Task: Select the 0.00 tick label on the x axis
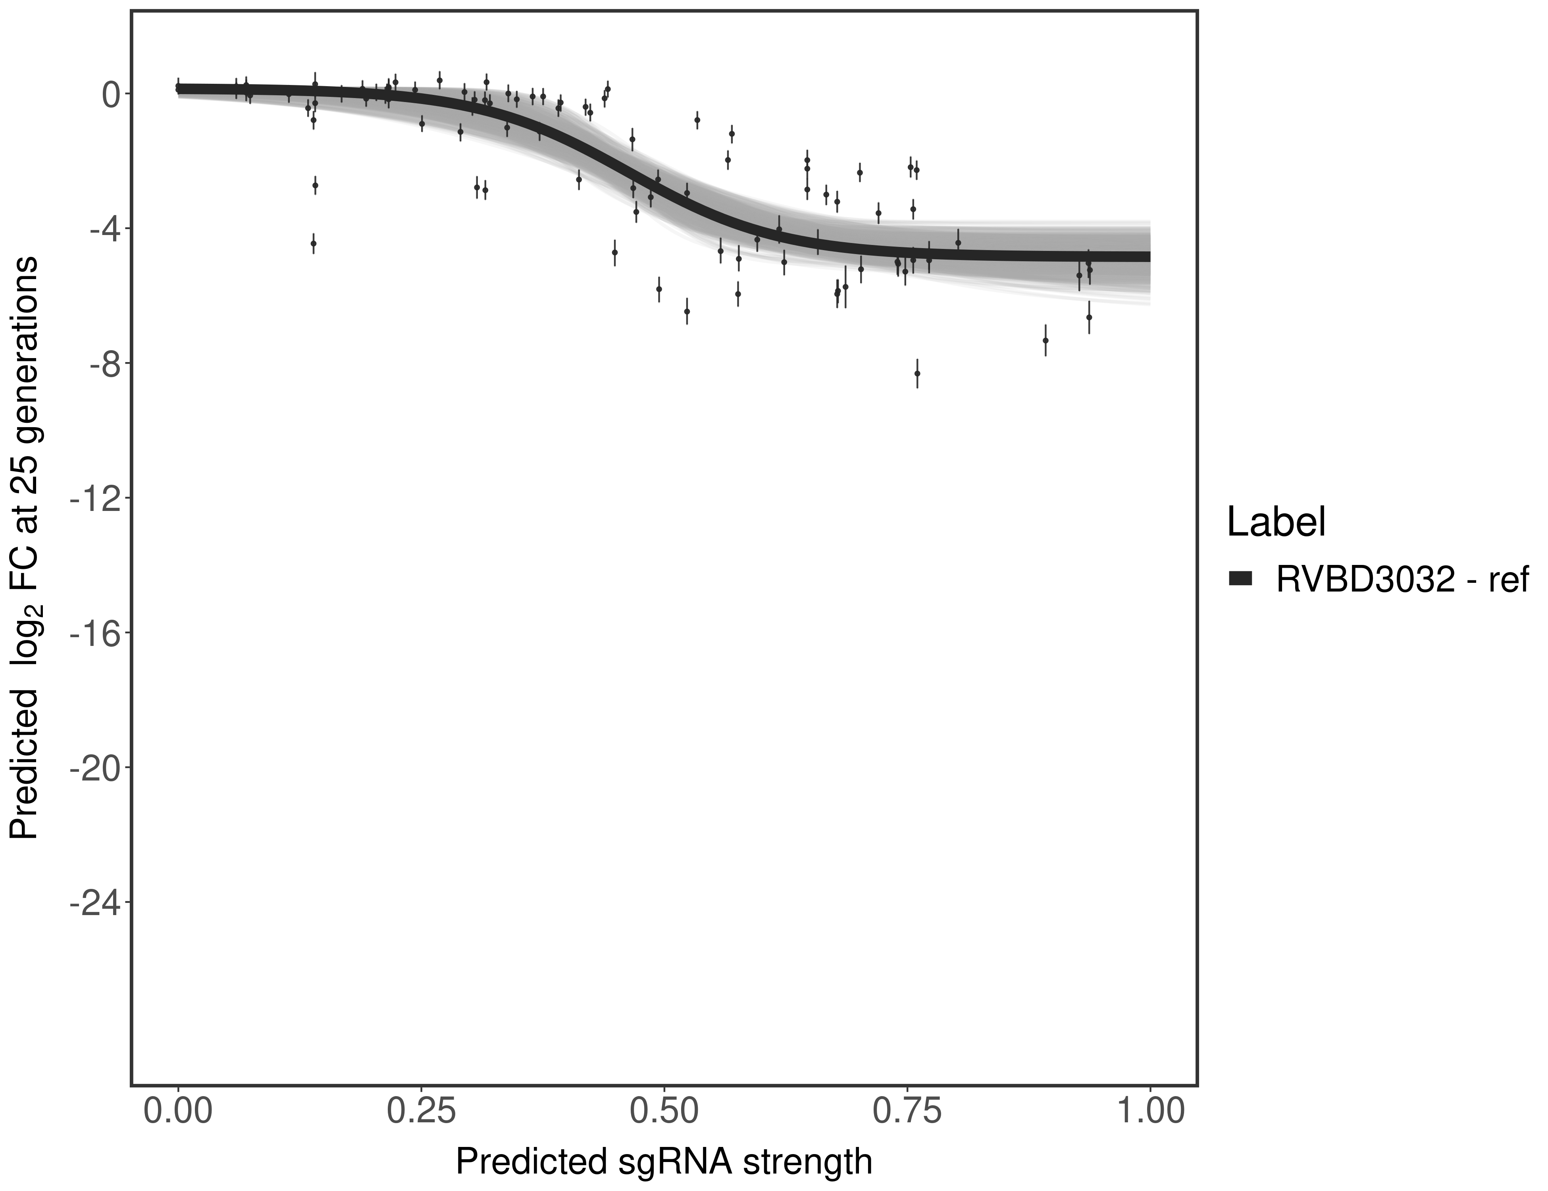click(178, 1111)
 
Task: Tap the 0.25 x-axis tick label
click(421, 1111)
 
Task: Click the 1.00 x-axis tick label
click(1149, 1111)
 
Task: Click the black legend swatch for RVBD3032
click(1241, 578)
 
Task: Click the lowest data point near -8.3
click(917, 373)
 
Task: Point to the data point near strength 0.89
click(1045, 340)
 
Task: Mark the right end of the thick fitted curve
click(1148, 256)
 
